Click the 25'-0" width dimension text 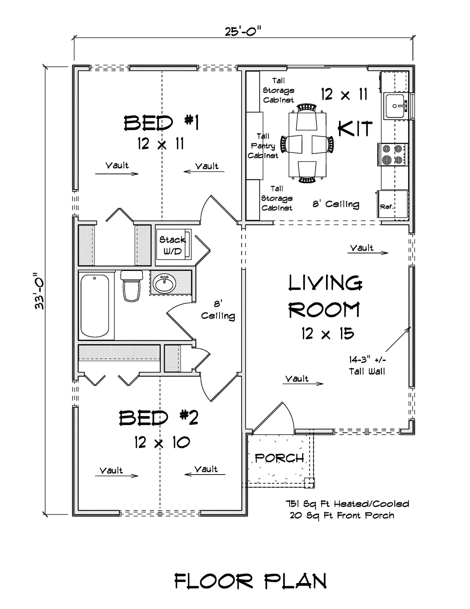(243, 31)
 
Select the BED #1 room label (161, 123)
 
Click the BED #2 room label (158, 418)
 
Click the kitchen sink (396, 106)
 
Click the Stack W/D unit (173, 245)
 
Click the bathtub (95, 306)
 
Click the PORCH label (279, 458)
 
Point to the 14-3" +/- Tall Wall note (367, 366)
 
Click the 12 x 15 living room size (328, 334)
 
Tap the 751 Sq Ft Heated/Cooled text (348, 504)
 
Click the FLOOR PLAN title (250, 581)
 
